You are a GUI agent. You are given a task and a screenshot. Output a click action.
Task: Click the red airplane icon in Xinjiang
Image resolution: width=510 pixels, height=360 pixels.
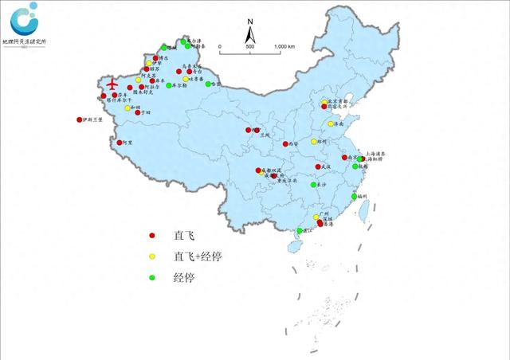[x=110, y=83]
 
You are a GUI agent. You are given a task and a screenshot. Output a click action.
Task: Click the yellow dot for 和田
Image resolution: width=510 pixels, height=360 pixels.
[x=127, y=108]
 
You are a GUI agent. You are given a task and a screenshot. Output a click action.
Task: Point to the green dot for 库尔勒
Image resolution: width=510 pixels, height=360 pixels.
[x=169, y=85]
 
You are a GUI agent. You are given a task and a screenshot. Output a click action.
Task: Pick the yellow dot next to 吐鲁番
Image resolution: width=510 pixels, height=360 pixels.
[x=186, y=79]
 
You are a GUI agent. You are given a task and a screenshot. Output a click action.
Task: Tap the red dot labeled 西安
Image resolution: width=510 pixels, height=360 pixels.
[x=285, y=144]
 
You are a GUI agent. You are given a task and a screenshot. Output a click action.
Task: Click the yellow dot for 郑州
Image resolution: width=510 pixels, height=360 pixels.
[x=314, y=141]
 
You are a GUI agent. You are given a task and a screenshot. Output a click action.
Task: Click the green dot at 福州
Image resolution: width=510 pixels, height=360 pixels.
[x=354, y=196]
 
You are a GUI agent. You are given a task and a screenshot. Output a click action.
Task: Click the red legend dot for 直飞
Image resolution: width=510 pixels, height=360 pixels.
[x=152, y=236]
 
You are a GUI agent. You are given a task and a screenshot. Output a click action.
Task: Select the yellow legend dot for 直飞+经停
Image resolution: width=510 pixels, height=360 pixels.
[x=152, y=257]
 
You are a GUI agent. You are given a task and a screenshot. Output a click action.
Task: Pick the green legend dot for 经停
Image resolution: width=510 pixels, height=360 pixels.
[x=152, y=278]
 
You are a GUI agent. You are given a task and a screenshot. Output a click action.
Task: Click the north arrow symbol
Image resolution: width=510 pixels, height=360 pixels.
[x=250, y=34]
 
